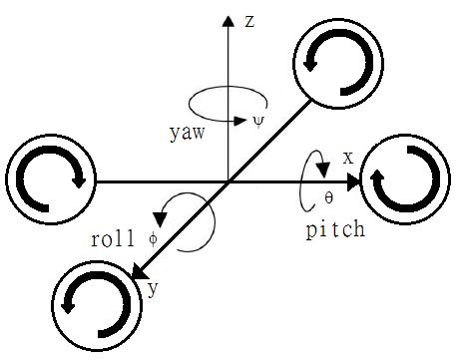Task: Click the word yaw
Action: point(186,131)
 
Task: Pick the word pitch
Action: point(334,228)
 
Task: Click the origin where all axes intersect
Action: point(230,182)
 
